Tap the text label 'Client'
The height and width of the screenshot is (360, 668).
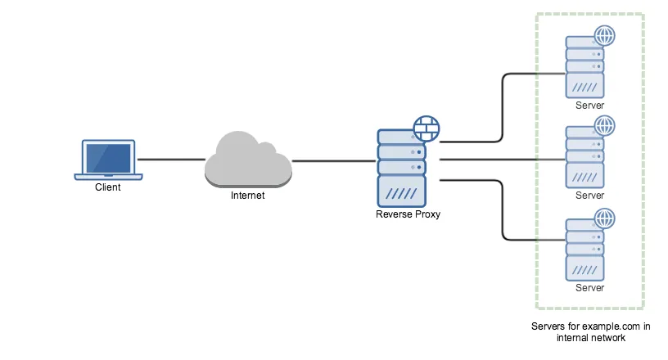tap(107, 187)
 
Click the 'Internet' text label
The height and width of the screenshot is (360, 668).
tap(248, 196)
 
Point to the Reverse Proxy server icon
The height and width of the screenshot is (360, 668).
tap(401, 169)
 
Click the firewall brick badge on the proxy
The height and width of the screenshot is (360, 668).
tap(427, 128)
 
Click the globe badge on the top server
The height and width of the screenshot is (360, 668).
tap(604, 36)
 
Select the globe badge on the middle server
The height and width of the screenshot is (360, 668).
tap(604, 126)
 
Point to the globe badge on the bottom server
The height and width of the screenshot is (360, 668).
tap(604, 218)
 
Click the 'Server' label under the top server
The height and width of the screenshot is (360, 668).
tap(589, 106)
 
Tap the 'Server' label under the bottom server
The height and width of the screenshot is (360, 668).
tap(589, 288)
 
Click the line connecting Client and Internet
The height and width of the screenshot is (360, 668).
tap(170, 160)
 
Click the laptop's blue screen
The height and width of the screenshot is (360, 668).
tap(108, 157)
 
